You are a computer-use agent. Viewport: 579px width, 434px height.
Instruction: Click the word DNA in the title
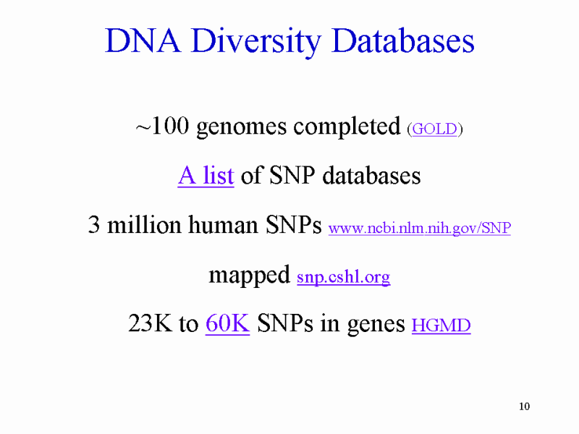click(143, 41)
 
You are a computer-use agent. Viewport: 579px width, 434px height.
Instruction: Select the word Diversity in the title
click(256, 43)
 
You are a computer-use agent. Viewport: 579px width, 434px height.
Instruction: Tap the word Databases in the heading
click(403, 41)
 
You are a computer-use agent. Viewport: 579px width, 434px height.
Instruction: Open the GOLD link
click(435, 129)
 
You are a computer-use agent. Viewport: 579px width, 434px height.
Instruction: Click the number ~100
click(162, 126)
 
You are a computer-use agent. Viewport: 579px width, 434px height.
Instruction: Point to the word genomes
click(242, 128)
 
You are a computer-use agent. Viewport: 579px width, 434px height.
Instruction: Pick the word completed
click(347, 127)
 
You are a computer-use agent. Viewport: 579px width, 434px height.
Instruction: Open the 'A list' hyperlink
click(206, 175)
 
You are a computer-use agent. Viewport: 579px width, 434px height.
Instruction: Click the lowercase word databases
click(371, 175)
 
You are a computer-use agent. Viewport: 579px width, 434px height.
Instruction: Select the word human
click(223, 224)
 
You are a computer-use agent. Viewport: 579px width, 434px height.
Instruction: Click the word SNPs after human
click(294, 224)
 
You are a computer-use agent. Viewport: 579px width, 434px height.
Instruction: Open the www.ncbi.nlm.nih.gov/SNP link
click(420, 228)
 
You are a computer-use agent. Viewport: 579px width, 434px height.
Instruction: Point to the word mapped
click(249, 276)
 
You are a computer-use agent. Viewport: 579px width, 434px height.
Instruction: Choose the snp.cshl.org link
click(343, 277)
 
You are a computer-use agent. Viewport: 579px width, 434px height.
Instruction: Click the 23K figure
click(150, 323)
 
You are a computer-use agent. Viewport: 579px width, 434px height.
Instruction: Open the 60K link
click(227, 323)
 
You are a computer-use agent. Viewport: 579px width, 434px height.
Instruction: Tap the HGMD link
click(441, 325)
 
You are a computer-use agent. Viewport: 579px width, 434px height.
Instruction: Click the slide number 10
click(524, 407)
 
